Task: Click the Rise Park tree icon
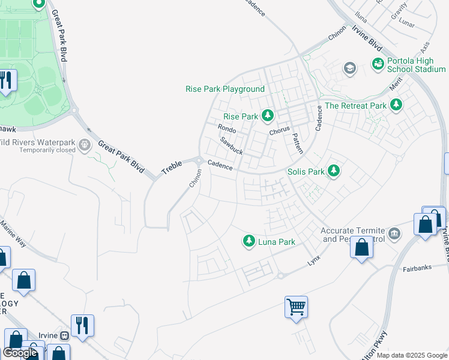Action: [x=267, y=116]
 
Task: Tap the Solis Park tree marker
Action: [x=334, y=172]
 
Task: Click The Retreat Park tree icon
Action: [x=396, y=106]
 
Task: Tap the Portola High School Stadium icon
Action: [x=378, y=63]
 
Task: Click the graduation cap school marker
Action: [x=349, y=69]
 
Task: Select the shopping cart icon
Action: [x=296, y=307]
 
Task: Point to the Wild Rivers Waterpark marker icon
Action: [x=85, y=144]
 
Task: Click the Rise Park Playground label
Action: [x=225, y=89]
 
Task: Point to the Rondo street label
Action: [x=227, y=128]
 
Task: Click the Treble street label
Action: [x=171, y=167]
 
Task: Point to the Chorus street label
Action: [x=280, y=129]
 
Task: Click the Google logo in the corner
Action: [x=20, y=353]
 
